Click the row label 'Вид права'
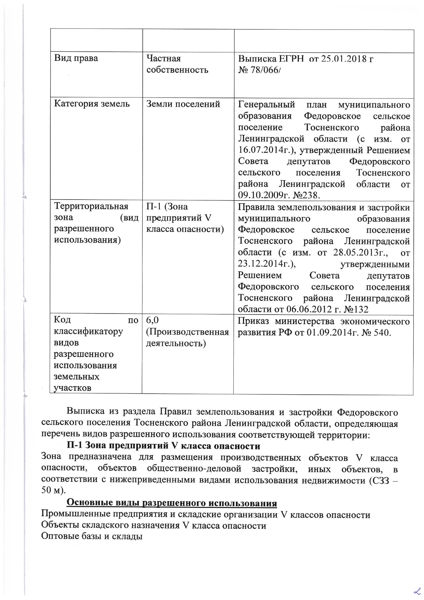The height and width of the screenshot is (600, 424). point(76,58)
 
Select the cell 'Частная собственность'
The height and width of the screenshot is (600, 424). point(177,64)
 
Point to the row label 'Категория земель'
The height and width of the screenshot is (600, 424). point(92,104)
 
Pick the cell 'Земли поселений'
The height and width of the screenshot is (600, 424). point(183,104)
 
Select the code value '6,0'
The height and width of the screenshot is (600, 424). point(153,320)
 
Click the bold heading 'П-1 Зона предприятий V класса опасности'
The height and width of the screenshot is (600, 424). point(163,446)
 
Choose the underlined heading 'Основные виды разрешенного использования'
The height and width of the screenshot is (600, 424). point(171,503)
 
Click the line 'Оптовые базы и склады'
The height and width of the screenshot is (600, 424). point(91,536)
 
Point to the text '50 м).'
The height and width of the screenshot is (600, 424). point(53,490)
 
